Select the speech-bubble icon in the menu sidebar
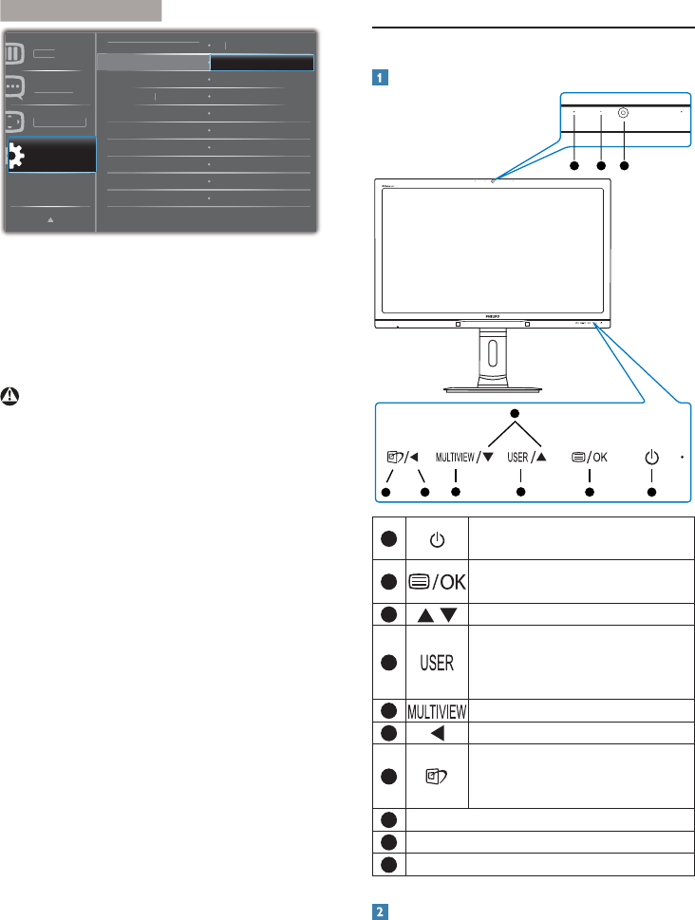14,86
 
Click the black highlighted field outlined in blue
261,63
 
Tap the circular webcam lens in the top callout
623,111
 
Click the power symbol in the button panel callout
651,458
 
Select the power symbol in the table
437,539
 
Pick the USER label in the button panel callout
517,458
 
